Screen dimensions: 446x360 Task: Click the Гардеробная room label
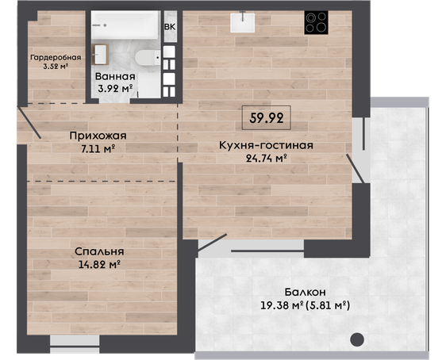tap(56, 58)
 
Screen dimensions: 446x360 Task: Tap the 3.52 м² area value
tap(56, 67)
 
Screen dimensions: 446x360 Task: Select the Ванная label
tap(115, 76)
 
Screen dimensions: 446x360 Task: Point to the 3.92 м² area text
tap(115, 89)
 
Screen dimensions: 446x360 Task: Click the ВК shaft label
tap(170, 27)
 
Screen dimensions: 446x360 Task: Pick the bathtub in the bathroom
tap(125, 25)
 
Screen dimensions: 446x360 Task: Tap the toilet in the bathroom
tap(148, 57)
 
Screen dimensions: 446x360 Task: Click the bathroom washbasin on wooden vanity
tap(100, 54)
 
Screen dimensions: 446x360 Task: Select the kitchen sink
tap(242, 22)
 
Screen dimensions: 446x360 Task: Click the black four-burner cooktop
tap(316, 22)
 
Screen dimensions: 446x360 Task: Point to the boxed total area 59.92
tap(266, 118)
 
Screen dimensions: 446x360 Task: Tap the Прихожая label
tap(98, 136)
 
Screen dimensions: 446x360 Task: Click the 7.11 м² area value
tap(98, 148)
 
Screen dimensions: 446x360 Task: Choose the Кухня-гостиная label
tap(266, 145)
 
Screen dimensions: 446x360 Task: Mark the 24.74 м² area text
tap(266, 159)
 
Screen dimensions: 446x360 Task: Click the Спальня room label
tap(99, 251)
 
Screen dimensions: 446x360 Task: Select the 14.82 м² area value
tap(99, 265)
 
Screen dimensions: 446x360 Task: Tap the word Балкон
tap(305, 293)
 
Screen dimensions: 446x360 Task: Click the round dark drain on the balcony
tap(357, 339)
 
